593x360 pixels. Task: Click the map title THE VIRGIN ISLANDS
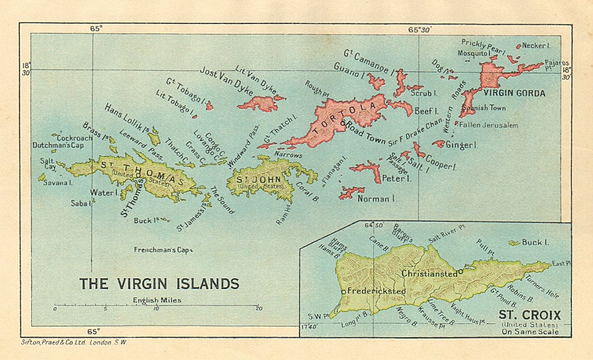point(160,283)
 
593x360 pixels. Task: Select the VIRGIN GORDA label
point(514,93)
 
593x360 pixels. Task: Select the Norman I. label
point(376,198)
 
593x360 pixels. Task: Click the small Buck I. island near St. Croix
point(514,243)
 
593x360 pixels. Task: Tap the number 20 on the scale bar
point(258,308)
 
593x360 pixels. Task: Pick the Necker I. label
point(535,46)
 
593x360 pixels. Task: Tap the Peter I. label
point(396,178)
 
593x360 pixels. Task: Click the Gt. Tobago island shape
point(209,106)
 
